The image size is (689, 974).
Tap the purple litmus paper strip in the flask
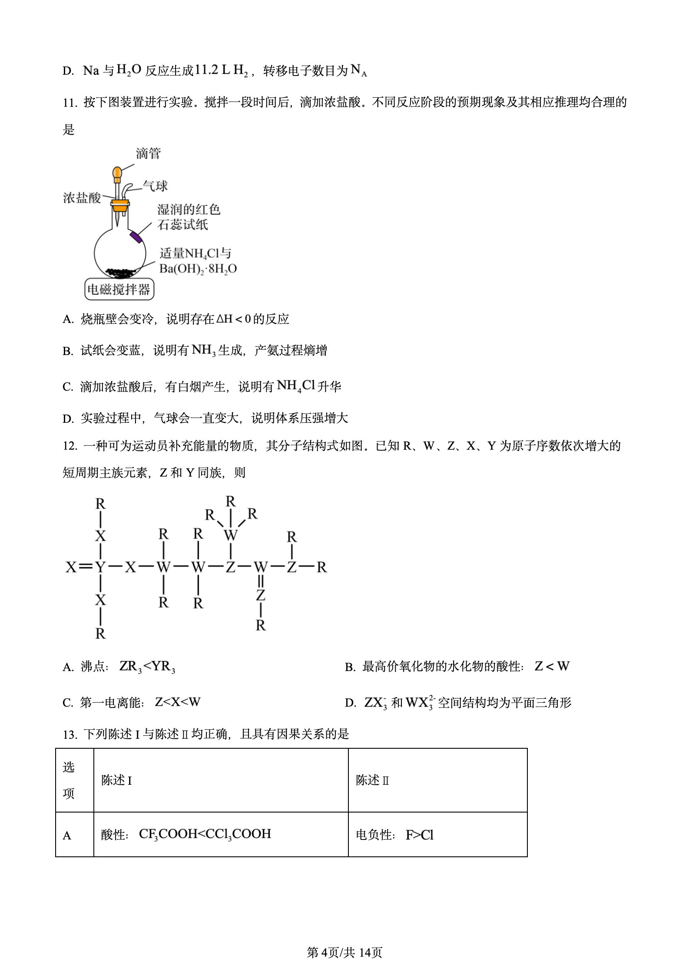(x=136, y=237)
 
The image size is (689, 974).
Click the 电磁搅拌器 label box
(x=119, y=289)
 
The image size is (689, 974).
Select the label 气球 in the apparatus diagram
(x=155, y=186)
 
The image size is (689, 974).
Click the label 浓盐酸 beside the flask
(x=82, y=198)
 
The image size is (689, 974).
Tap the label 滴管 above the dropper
(x=148, y=153)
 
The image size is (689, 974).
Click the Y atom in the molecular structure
(x=100, y=567)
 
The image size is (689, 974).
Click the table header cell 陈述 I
(x=116, y=780)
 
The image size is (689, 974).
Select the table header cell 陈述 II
(x=372, y=780)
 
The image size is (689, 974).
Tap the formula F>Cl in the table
(x=419, y=835)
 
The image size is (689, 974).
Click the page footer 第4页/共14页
(x=344, y=952)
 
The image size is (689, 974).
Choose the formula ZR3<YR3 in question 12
(x=147, y=667)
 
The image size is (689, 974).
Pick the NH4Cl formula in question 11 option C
(x=295, y=386)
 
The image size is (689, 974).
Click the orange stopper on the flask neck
(x=119, y=205)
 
